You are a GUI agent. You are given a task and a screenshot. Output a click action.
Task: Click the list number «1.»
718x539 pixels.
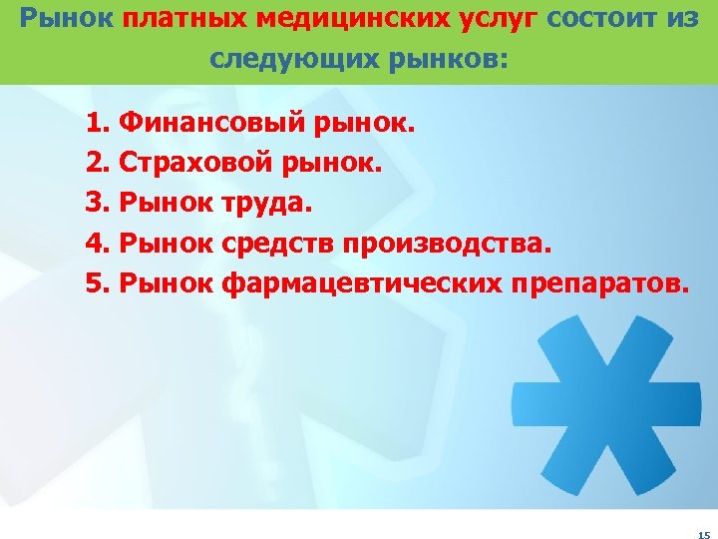click(99, 125)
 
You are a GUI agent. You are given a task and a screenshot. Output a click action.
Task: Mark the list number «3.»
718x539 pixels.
click(99, 204)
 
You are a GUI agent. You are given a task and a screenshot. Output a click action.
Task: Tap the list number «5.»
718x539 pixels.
click(99, 282)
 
